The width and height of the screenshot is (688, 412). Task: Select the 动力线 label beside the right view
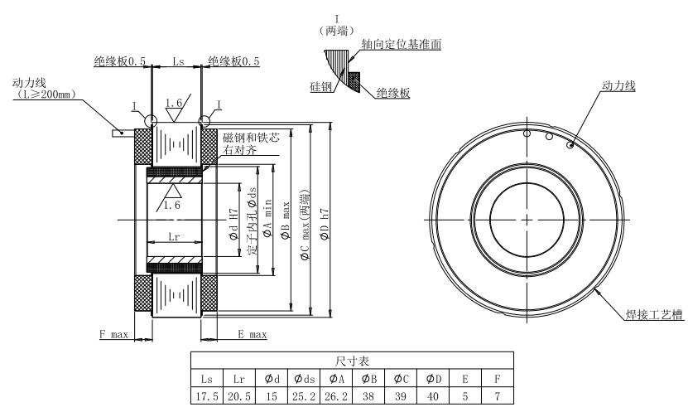pos(619,85)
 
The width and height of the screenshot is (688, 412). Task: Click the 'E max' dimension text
pos(252,334)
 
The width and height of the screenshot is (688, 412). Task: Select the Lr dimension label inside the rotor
pos(174,237)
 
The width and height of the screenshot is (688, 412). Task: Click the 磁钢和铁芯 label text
pos(252,138)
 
